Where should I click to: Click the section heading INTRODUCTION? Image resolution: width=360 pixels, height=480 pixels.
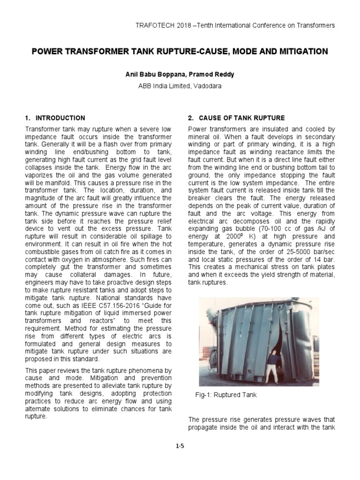click(x=60, y=118)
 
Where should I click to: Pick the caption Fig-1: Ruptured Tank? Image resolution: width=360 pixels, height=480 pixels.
click(x=226, y=395)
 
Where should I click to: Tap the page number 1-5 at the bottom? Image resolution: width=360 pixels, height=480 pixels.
click(x=180, y=446)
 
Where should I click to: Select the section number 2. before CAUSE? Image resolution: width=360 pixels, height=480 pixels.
click(x=190, y=118)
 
